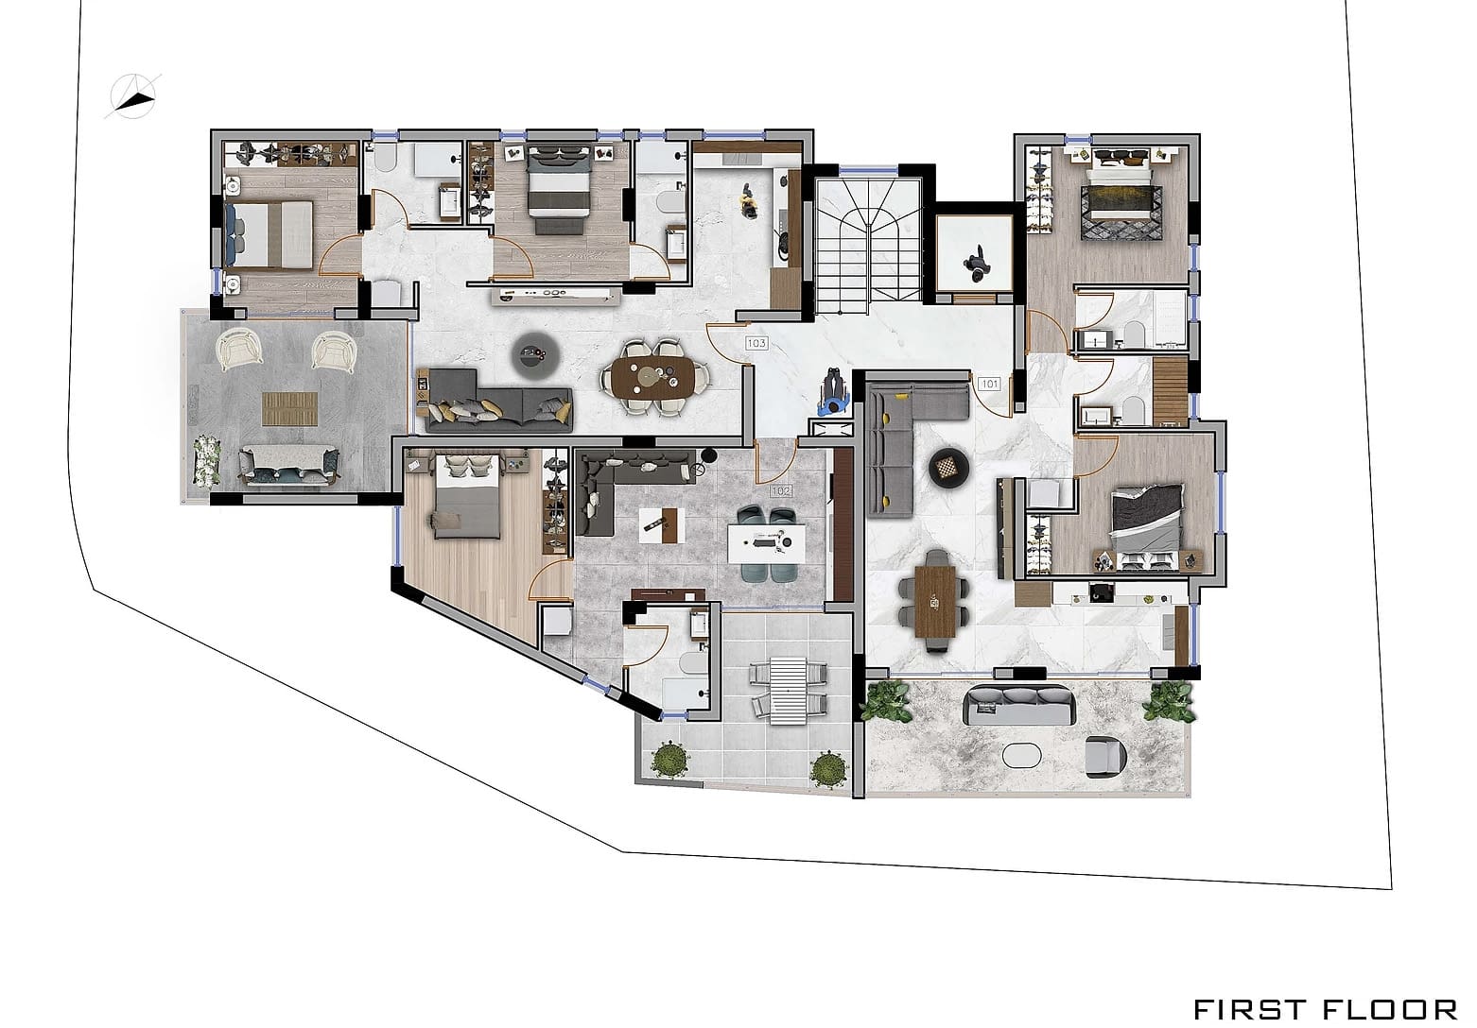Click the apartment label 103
pyautogui.click(x=756, y=343)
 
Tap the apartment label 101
pyautogui.click(x=990, y=384)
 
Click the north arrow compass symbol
pyautogui.click(x=134, y=97)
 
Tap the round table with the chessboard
pyautogui.click(x=948, y=466)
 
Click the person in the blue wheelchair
pyautogui.click(x=834, y=392)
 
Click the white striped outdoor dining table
pyautogui.click(x=788, y=691)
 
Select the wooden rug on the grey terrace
pyautogui.click(x=290, y=408)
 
